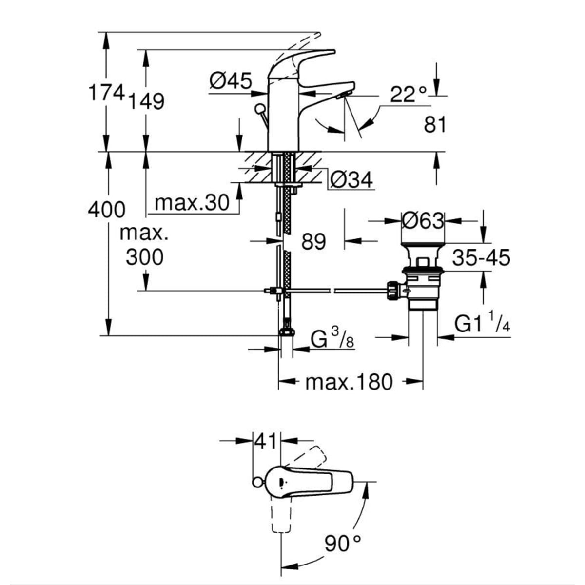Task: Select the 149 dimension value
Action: click(147, 101)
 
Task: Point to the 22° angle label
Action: click(409, 94)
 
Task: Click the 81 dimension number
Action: click(435, 125)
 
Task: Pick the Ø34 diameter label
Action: click(351, 180)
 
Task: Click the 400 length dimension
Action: click(106, 210)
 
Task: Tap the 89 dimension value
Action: click(313, 241)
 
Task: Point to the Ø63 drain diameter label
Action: click(423, 221)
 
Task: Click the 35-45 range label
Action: click(481, 257)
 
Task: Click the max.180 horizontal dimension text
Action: click(349, 382)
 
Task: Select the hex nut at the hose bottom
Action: click(287, 332)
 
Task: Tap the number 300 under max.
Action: click(144, 257)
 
